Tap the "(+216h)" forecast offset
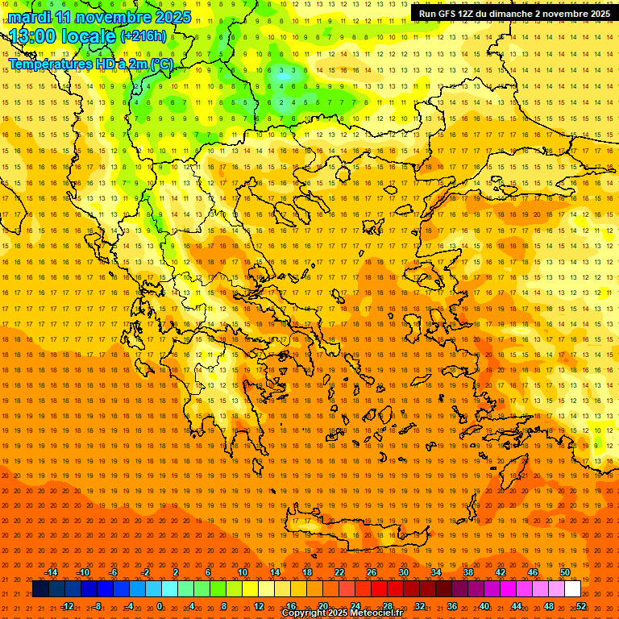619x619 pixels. pyautogui.click(x=143, y=35)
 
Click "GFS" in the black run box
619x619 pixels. pyautogui.click(x=444, y=14)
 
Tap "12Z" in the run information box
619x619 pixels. pyautogui.click(x=465, y=14)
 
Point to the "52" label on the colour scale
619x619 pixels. pyautogui.click(x=581, y=606)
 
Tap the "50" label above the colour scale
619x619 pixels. pyautogui.click(x=565, y=572)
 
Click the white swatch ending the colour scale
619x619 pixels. pyautogui.click(x=572, y=589)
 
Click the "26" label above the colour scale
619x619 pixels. pyautogui.click(x=372, y=572)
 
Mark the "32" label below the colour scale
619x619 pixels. pyautogui.click(x=420, y=606)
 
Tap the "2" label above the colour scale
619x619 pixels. pyautogui.click(x=176, y=572)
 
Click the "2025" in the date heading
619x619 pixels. pyautogui.click(x=172, y=17)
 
